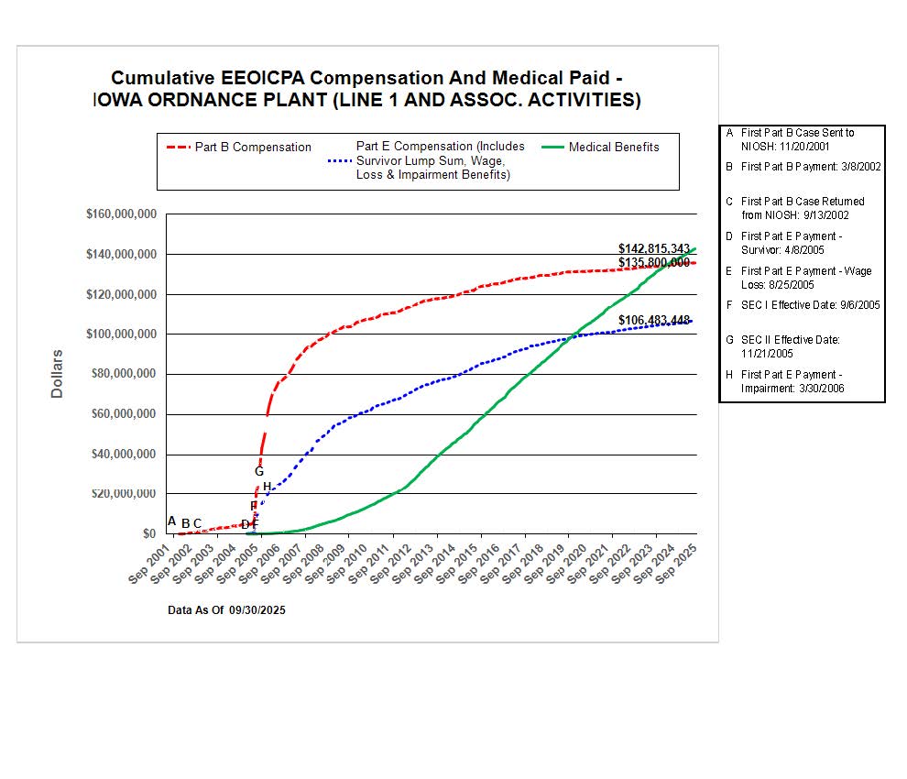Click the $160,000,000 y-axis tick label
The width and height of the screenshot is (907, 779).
pos(121,214)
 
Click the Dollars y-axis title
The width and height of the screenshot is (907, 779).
pos(57,373)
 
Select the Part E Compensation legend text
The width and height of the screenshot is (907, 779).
pos(440,160)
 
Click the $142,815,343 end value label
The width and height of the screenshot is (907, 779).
pos(653,248)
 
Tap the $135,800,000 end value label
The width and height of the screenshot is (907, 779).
pos(653,262)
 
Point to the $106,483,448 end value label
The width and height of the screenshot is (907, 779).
pos(653,320)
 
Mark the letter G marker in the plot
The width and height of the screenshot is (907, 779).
pos(259,471)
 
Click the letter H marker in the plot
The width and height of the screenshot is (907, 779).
pos(268,487)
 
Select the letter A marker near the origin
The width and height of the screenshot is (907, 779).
pos(171,521)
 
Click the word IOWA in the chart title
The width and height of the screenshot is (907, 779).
pos(122,101)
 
